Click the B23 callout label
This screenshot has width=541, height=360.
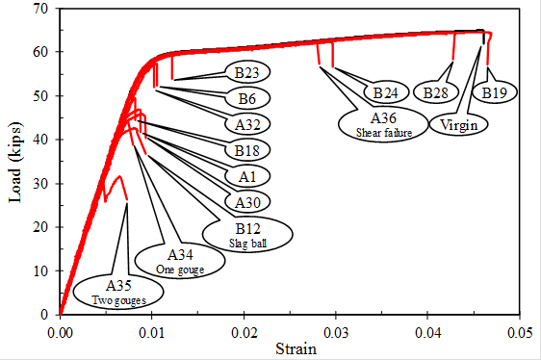[x=246, y=71]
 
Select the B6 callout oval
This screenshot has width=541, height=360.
[x=246, y=97]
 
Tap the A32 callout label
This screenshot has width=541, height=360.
[x=246, y=123]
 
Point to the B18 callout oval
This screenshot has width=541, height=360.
[x=246, y=149]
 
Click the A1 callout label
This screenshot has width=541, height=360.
[x=246, y=175]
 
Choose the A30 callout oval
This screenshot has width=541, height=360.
[x=246, y=201]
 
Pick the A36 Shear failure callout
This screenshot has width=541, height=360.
[x=384, y=123]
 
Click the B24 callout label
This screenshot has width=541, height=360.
[x=385, y=92]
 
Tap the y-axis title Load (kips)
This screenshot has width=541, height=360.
[x=16, y=160]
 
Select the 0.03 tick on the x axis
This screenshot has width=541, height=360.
[x=336, y=328]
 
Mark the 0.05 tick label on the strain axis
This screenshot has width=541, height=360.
[x=519, y=328]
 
